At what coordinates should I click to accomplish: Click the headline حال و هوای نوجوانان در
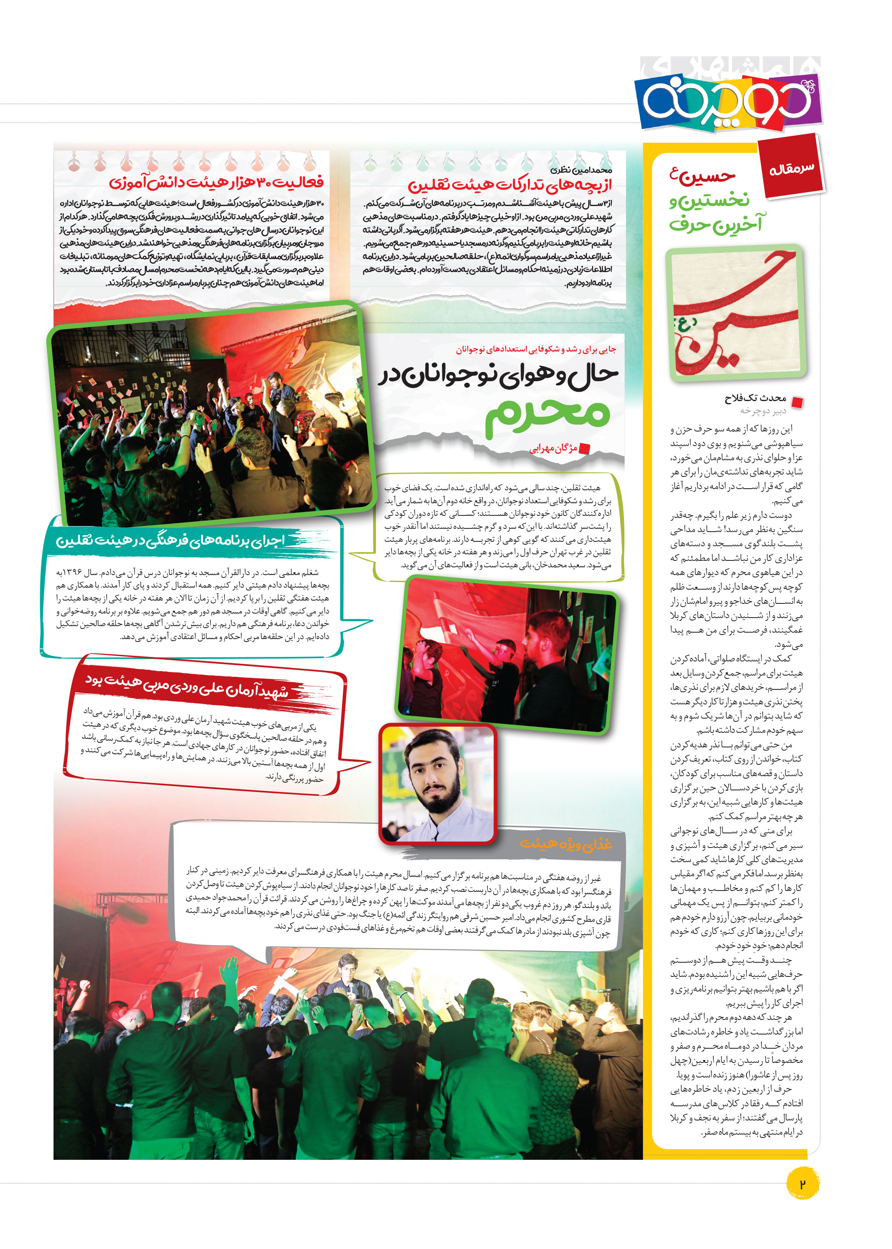[497, 376]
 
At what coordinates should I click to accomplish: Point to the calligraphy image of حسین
[735, 312]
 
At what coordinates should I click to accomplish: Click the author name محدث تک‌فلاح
[755, 398]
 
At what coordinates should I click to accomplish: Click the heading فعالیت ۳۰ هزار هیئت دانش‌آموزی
[216, 182]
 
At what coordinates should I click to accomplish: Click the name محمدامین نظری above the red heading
[581, 170]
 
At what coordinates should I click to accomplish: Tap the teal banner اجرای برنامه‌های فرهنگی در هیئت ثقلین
[170, 541]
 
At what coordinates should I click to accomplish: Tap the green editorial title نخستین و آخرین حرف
[714, 212]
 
